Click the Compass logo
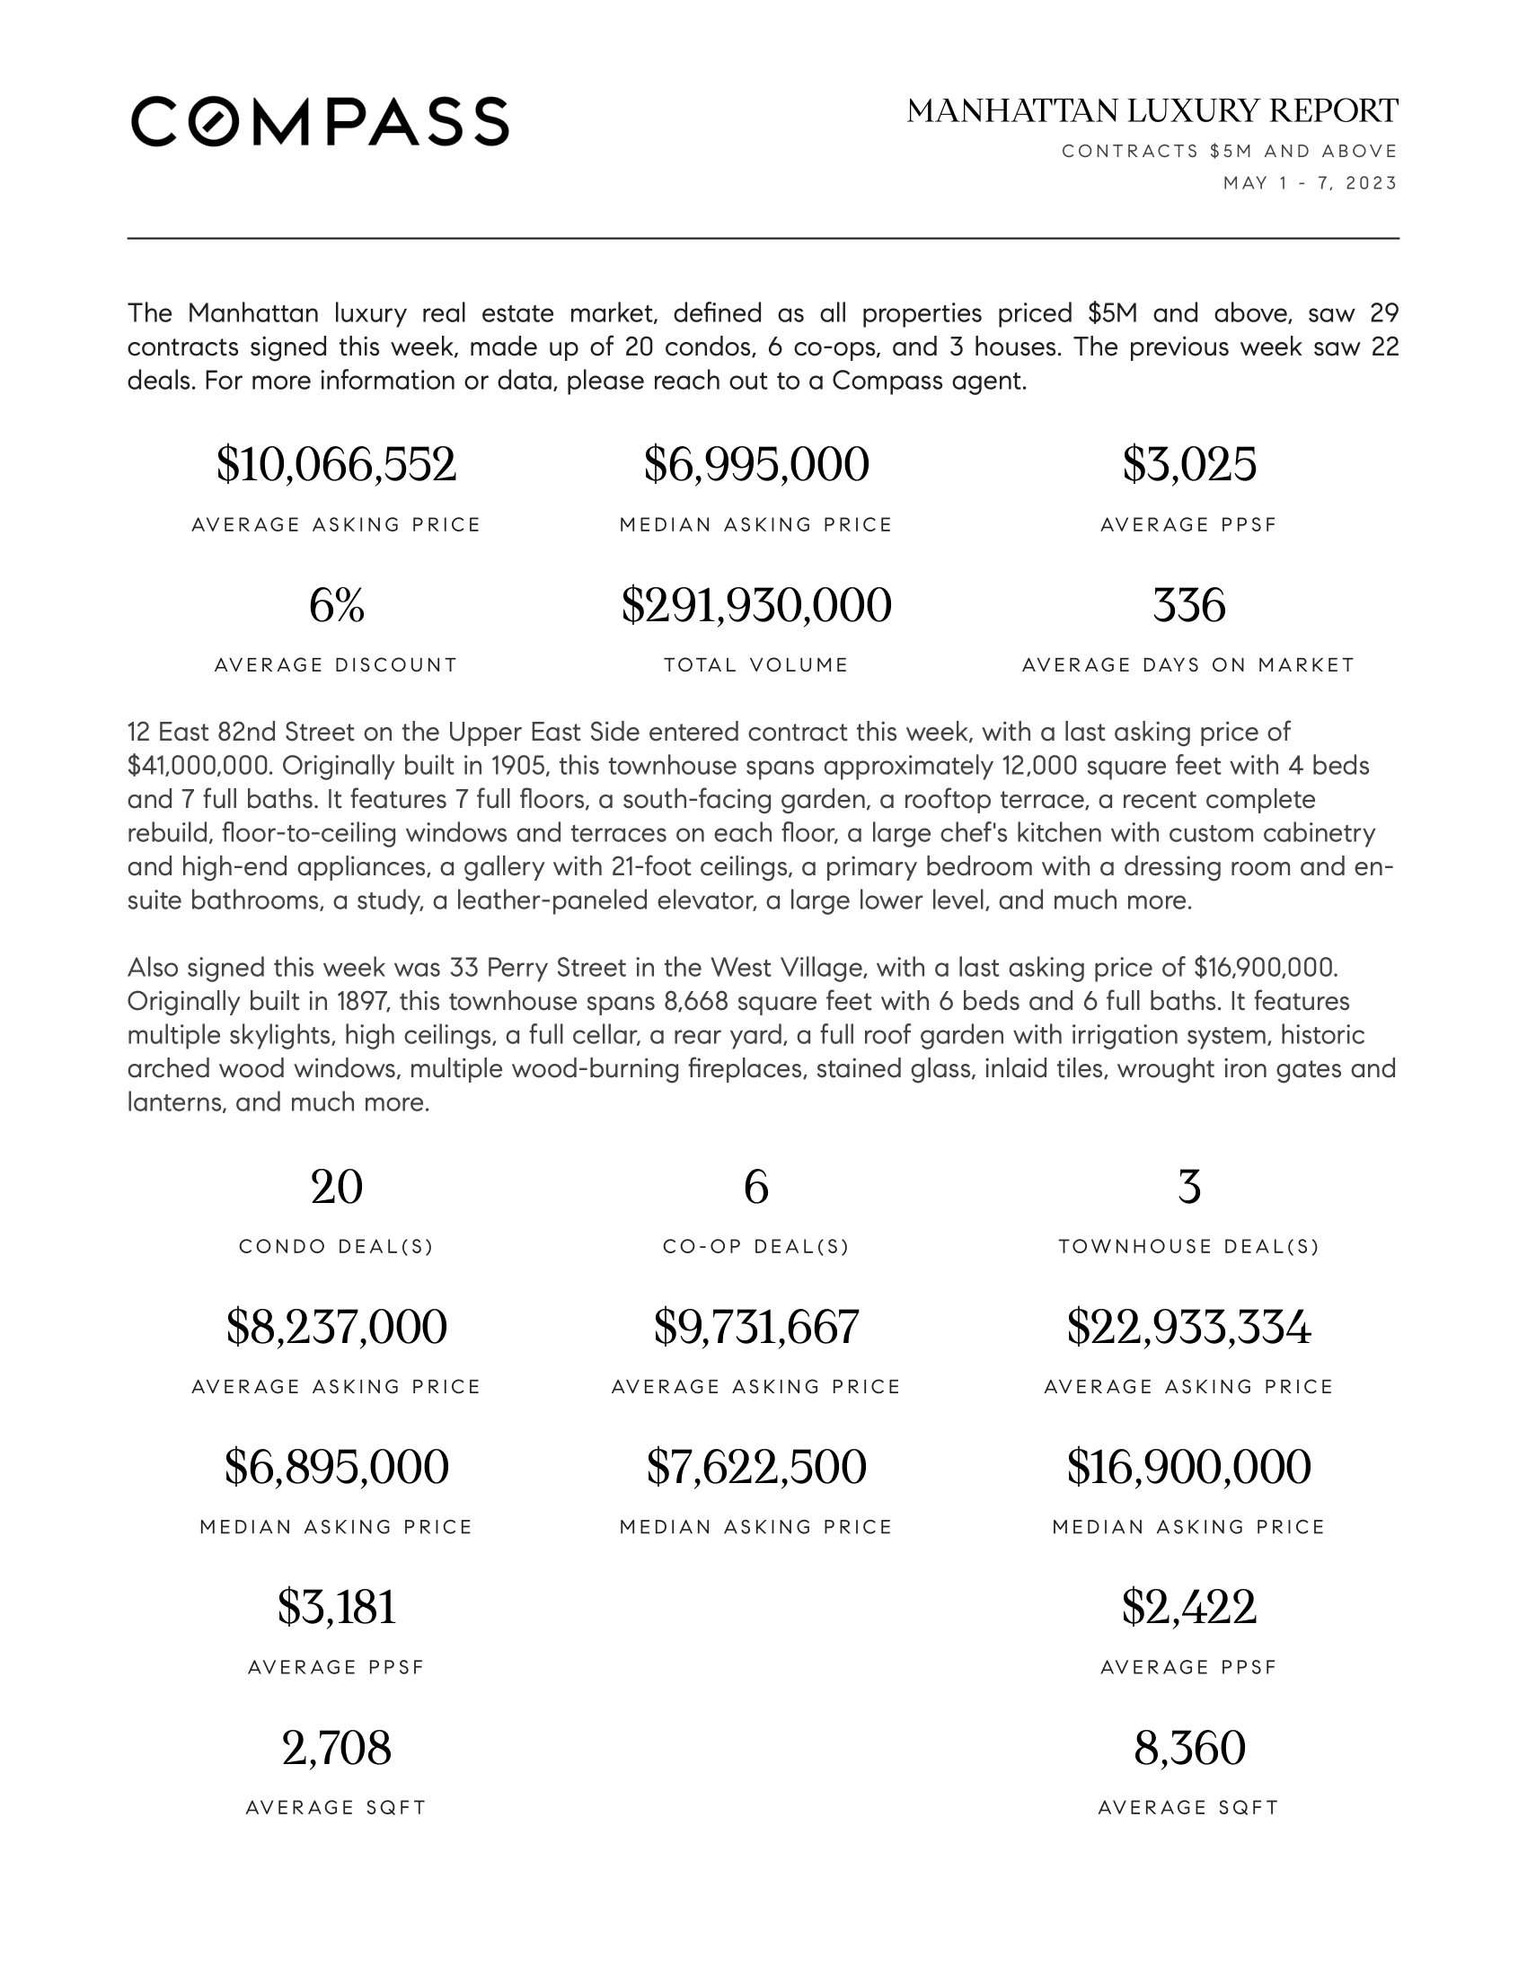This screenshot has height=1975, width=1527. (320, 121)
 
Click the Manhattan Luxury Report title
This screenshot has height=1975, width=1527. (1152, 111)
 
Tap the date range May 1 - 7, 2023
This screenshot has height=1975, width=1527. (1310, 183)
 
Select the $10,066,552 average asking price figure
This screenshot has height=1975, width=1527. (337, 465)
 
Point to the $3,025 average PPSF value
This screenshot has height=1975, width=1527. (1188, 465)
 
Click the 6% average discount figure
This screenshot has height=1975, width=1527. (337, 605)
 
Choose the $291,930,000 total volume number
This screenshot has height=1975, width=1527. (756, 605)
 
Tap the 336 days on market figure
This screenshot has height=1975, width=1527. (1188, 605)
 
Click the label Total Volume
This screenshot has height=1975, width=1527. (756, 665)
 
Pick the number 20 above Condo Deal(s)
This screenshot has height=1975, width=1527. (337, 1187)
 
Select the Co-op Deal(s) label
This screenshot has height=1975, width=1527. (756, 1247)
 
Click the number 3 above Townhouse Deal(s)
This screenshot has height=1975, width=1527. (1188, 1187)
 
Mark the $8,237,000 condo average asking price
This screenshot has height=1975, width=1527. (337, 1327)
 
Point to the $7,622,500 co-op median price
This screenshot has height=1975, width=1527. (756, 1467)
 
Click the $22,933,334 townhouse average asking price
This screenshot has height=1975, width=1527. (1188, 1327)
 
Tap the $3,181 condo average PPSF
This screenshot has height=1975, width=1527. (337, 1607)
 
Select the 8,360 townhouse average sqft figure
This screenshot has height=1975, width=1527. (1188, 1747)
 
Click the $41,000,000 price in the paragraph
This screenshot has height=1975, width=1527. (199, 766)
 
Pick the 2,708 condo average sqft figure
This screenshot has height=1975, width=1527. (337, 1747)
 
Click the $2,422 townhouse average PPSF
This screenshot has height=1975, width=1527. (1188, 1607)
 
